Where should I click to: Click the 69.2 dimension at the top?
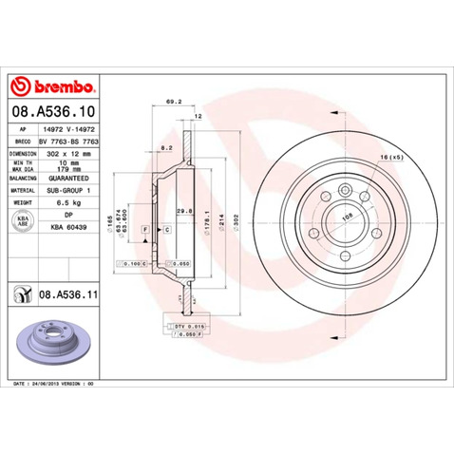[173, 99]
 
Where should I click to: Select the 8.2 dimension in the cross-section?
[166, 148]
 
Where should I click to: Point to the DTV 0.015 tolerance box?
[190, 326]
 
